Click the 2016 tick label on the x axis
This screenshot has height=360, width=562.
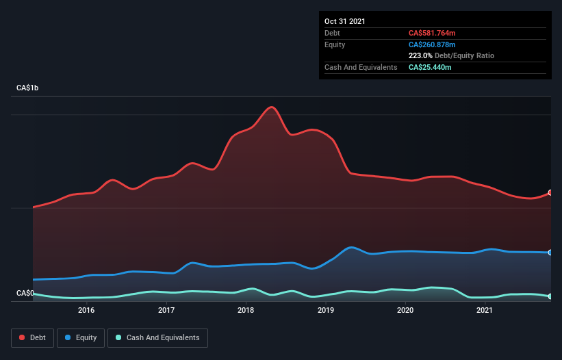click(86, 311)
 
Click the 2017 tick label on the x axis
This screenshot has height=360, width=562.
click(166, 311)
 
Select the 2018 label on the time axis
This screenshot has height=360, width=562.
click(246, 311)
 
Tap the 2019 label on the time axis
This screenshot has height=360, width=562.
click(326, 311)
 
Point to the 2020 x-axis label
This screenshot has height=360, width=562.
click(405, 311)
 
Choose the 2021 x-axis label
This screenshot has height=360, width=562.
click(485, 311)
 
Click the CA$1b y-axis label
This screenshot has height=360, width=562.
click(30, 88)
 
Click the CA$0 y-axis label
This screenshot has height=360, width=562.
click(25, 294)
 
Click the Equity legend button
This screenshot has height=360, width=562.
click(81, 337)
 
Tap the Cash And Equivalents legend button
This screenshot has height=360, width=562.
click(157, 337)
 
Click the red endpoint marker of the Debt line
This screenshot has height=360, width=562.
click(550, 193)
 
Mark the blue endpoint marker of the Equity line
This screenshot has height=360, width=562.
click(550, 253)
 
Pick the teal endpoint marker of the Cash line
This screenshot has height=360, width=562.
click(550, 296)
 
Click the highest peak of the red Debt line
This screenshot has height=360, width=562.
click(272, 107)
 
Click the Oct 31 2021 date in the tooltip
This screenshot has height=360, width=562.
click(345, 21)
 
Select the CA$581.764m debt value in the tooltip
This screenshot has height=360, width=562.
click(432, 33)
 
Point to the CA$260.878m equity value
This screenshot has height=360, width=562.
click(432, 44)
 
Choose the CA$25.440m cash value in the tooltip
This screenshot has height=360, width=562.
click(430, 67)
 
